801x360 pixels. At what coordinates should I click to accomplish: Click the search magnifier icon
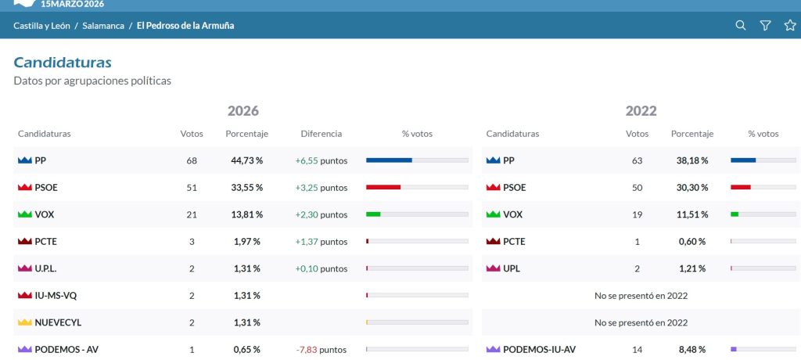[740, 25]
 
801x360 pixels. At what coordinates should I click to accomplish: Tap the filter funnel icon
[765, 26]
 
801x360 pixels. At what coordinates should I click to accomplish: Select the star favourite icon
[790, 25]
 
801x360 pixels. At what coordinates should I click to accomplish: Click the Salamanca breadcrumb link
[103, 26]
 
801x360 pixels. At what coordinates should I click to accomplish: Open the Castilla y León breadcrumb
[42, 26]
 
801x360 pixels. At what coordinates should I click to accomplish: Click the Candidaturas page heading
[63, 63]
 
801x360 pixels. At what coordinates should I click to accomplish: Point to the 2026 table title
[243, 110]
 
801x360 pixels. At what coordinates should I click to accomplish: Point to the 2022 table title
[641, 110]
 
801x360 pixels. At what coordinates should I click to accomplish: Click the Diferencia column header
[321, 134]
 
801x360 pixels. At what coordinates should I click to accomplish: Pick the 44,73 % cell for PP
[246, 160]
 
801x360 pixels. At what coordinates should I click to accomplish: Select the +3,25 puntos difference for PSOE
[321, 188]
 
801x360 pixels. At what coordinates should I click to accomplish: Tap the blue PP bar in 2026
[389, 160]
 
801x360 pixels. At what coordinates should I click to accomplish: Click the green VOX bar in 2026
[373, 214]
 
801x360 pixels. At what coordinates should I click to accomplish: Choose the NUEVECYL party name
[58, 322]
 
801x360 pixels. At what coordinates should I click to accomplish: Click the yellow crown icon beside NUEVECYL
[24, 322]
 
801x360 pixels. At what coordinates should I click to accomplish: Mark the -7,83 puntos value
[321, 350]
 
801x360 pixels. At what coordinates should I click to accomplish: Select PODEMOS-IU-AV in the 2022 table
[539, 350]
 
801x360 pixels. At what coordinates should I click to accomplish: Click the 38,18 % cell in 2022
[692, 160]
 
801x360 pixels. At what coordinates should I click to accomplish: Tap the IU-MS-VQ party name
[56, 296]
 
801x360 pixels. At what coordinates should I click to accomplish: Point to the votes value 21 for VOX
[192, 214]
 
